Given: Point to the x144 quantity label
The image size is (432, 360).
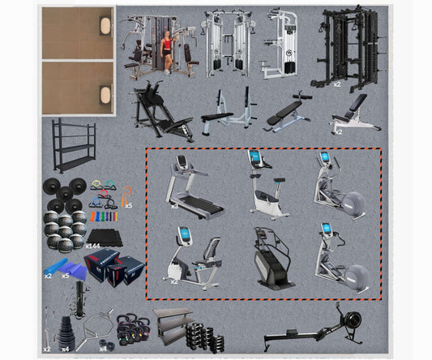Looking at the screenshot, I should click(92, 245).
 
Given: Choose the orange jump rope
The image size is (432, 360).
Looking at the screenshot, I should click(127, 195).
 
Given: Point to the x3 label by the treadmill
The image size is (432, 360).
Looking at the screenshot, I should click(174, 206).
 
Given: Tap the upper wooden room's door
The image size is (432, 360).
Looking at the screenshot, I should click(105, 25).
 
